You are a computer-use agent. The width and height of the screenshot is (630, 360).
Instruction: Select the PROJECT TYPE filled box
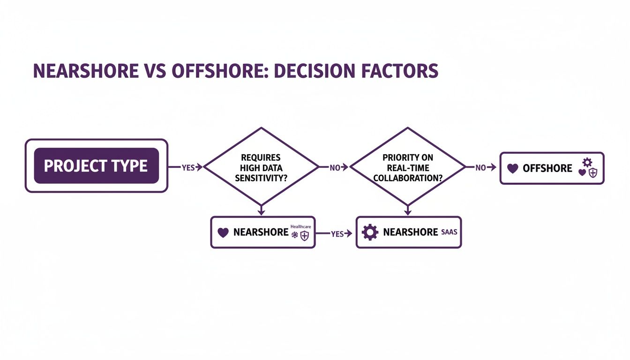96,166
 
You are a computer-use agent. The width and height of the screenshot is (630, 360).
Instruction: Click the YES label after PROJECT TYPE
187,167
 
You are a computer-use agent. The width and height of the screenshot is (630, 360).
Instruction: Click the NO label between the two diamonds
334,167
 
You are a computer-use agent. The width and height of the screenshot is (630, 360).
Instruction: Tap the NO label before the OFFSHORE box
480,167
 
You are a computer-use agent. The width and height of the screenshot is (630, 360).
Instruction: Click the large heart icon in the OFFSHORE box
513,168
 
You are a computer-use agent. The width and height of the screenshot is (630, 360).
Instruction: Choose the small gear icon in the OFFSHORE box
586,162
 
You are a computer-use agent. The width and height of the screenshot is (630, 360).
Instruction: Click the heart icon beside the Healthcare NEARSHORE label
223,232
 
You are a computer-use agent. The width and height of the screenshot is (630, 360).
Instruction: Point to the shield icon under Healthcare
304,236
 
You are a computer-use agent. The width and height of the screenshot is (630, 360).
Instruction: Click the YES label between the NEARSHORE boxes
337,234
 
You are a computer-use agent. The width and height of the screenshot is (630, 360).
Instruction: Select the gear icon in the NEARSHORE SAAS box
370,232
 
